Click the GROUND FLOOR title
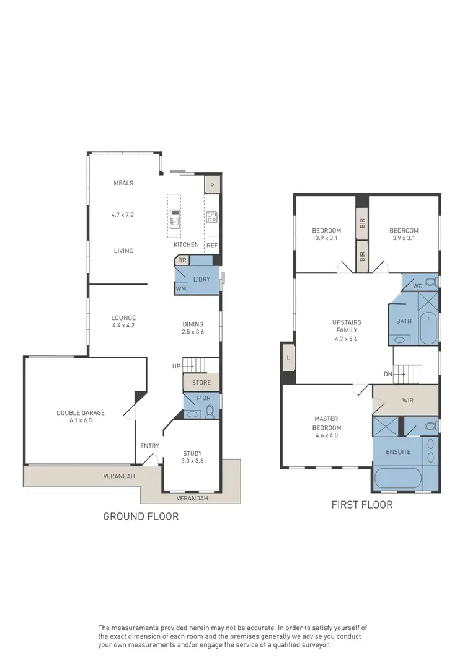(141, 516)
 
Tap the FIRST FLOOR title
(363, 505)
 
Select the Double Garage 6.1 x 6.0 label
(81, 417)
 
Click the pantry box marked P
(212, 185)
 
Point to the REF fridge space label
(212, 246)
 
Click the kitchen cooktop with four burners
(212, 217)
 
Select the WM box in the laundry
(181, 288)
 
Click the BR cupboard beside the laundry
(182, 261)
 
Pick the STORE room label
(201, 383)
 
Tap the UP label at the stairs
(177, 367)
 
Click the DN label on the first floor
(387, 374)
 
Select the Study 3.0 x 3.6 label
(192, 457)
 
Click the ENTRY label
(149, 446)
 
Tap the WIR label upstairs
(407, 401)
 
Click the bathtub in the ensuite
(405, 479)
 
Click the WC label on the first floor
(417, 286)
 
